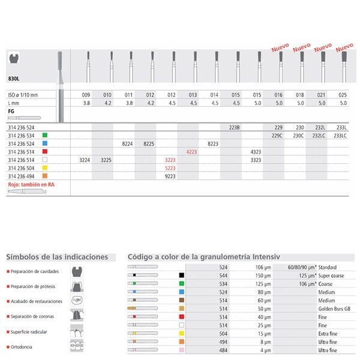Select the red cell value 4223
[191, 152]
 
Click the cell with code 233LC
[341, 136]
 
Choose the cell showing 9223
[170, 177]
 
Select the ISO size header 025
[343, 95]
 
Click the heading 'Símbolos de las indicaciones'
[57, 257]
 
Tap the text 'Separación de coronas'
[34, 315]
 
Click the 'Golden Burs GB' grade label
[335, 307]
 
